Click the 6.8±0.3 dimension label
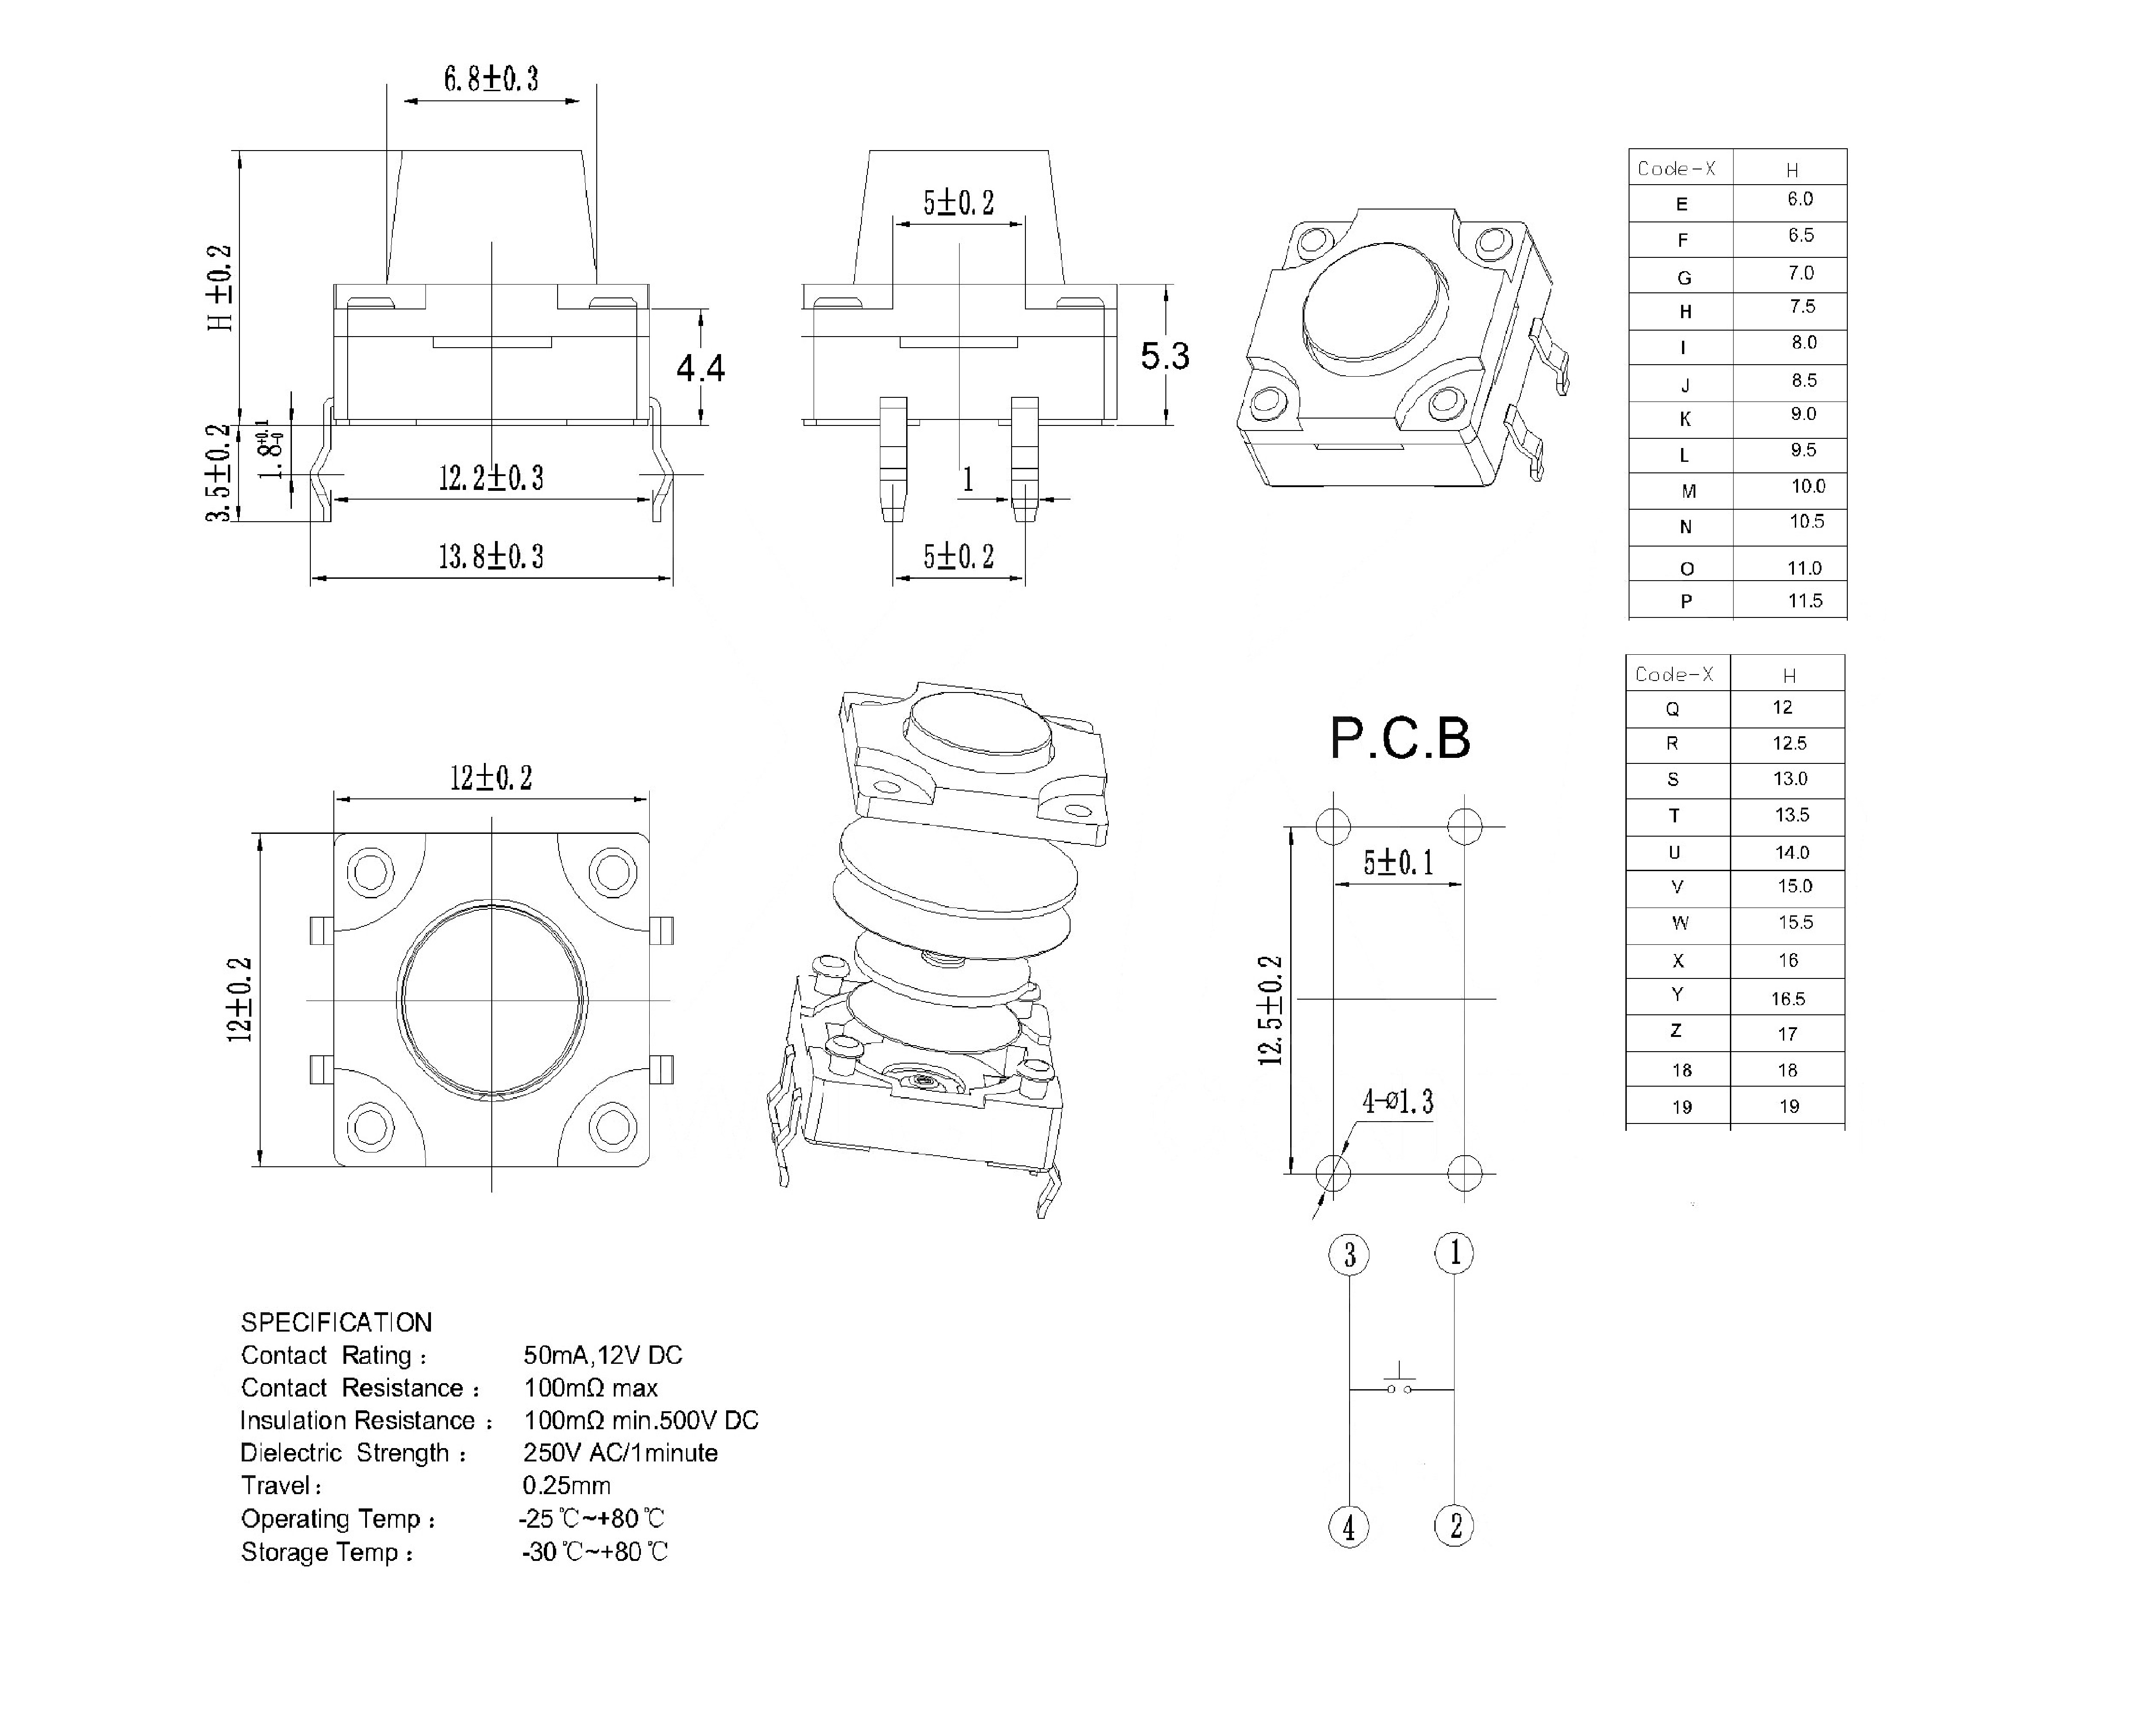click(x=491, y=78)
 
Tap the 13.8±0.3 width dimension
click(x=491, y=556)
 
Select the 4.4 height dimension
click(x=700, y=369)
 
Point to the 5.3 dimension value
click(x=1164, y=356)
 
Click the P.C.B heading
click(x=1400, y=738)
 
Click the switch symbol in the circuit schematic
click(x=1400, y=1383)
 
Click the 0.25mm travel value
click(x=566, y=1485)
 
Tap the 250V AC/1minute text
click(x=620, y=1453)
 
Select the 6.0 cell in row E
click(x=1799, y=200)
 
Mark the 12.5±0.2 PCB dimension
click(x=1271, y=1011)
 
